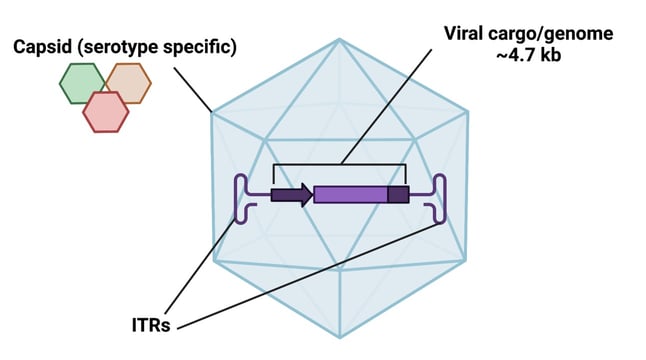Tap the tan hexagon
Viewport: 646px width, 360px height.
coord(128,83)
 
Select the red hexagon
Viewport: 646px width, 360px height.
coord(105,111)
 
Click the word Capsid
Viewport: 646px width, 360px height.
coord(44,47)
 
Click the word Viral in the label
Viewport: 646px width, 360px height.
coord(467,33)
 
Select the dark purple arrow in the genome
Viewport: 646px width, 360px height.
coord(291,194)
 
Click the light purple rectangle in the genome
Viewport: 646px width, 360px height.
coord(350,194)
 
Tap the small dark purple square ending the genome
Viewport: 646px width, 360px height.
coord(398,194)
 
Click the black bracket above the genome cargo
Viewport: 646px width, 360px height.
coord(340,164)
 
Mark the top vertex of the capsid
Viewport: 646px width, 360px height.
coord(339,39)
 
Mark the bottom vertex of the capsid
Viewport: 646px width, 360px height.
coord(339,336)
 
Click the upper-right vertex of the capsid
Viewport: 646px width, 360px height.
coord(467,113)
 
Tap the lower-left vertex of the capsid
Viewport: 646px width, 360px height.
coord(211,262)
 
